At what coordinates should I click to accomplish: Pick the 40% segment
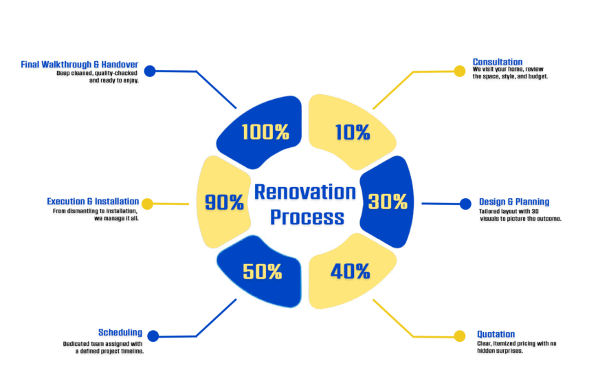(x=349, y=271)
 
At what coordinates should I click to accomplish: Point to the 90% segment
(x=223, y=202)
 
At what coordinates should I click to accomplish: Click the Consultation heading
(x=498, y=62)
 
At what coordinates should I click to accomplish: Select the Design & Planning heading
(x=514, y=202)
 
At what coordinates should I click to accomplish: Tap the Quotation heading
(x=496, y=334)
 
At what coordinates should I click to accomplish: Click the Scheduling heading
(x=120, y=332)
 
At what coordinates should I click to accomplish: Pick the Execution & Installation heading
(x=93, y=201)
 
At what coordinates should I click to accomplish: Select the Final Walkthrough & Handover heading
(x=79, y=65)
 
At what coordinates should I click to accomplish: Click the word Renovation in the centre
(x=304, y=192)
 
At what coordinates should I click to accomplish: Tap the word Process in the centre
(x=307, y=217)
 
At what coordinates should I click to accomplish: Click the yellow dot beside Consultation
(x=460, y=71)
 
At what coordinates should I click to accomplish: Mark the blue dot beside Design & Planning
(x=465, y=204)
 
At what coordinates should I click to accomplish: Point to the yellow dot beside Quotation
(x=460, y=336)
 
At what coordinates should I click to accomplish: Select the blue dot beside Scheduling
(x=153, y=336)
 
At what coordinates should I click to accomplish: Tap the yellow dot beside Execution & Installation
(x=147, y=204)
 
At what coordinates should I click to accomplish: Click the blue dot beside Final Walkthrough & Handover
(x=150, y=71)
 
